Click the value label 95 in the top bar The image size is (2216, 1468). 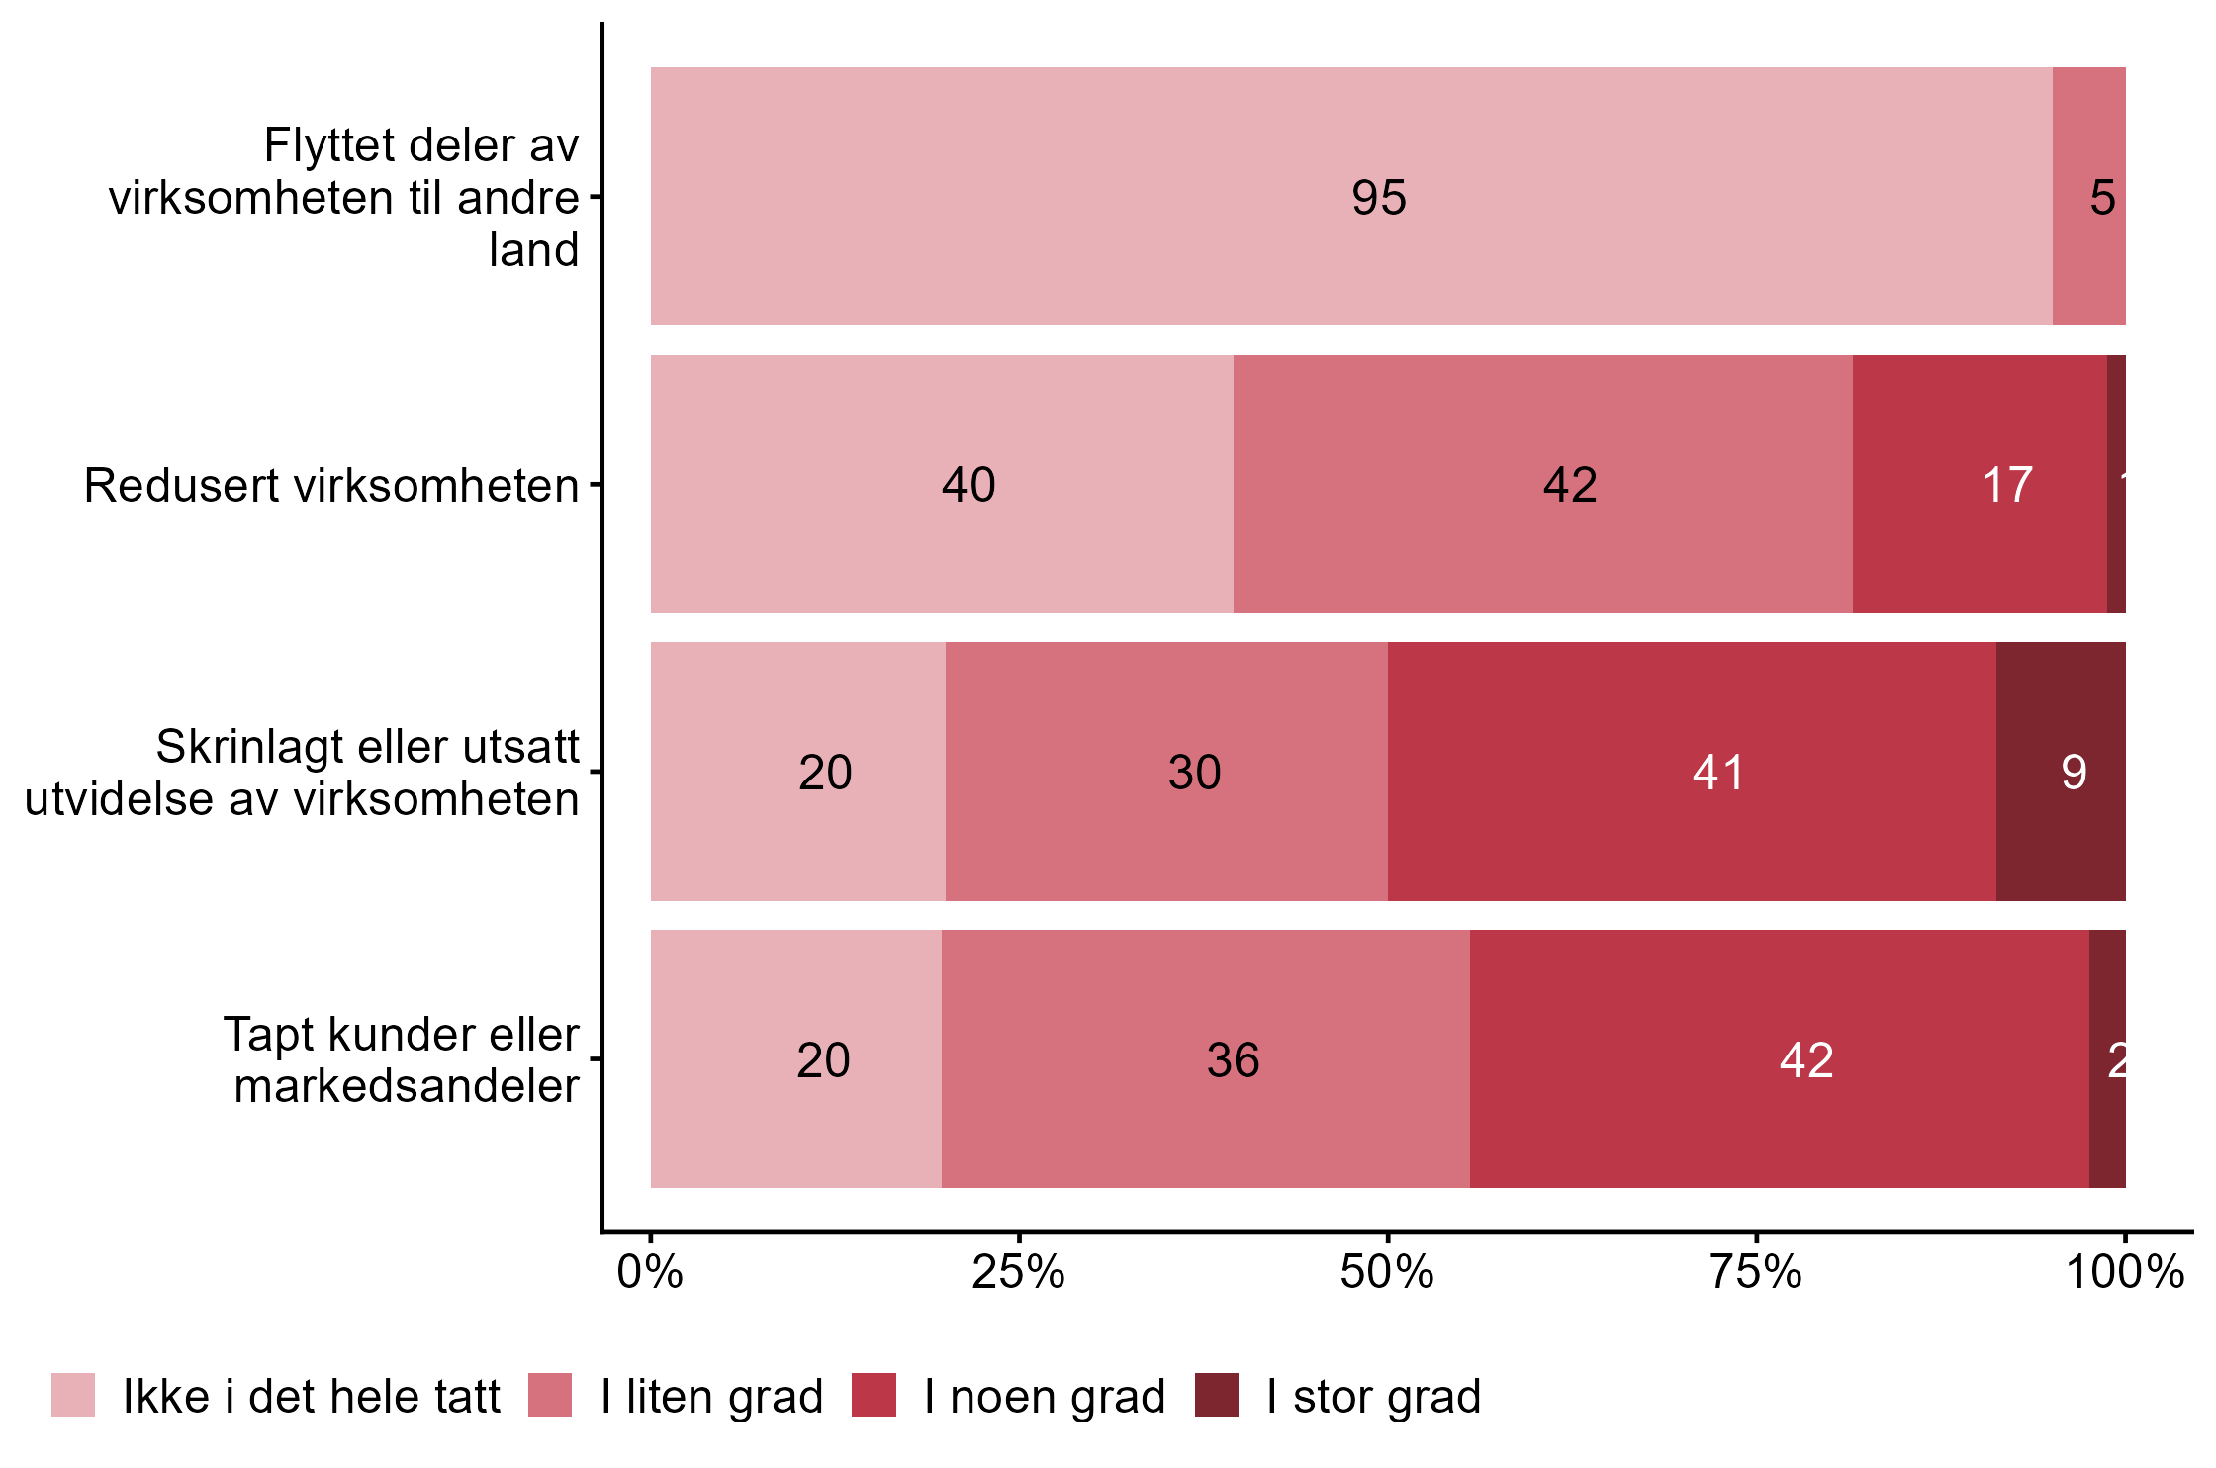(x=1378, y=198)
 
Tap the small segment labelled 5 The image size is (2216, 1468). (x=2088, y=198)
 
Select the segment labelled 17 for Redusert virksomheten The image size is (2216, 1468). (x=1980, y=485)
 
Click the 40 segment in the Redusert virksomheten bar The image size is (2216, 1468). (x=968, y=485)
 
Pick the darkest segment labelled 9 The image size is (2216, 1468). (x=2061, y=772)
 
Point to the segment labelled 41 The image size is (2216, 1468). (x=1692, y=772)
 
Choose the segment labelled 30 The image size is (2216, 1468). (x=1166, y=772)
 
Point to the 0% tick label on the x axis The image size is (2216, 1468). (x=650, y=1272)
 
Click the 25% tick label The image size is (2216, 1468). (x=1018, y=1272)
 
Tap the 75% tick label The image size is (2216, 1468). (x=1756, y=1272)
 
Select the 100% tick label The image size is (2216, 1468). (x=2124, y=1272)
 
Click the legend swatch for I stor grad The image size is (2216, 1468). (x=1216, y=1395)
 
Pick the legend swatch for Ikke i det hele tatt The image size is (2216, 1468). (x=73, y=1395)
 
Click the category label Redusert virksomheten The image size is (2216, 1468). (x=331, y=486)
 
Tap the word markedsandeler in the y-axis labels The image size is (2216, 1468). (x=407, y=1086)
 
